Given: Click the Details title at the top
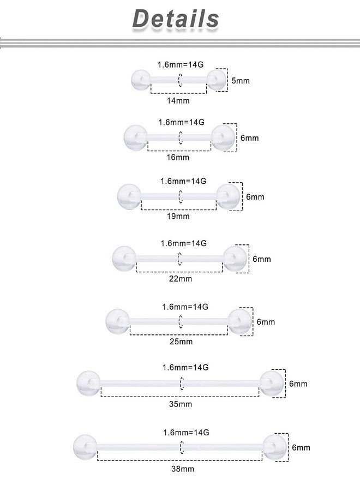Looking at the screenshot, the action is [176, 19].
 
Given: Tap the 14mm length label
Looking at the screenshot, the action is [178, 100].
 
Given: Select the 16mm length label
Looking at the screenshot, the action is [178, 157].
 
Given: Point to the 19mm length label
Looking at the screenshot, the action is [178, 216].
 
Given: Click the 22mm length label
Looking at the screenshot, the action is [181, 279].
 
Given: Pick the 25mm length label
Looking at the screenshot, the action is [181, 342].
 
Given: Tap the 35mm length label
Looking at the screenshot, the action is [181, 404].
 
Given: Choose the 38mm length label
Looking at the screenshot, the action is [183, 469].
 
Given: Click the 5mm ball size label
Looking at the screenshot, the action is [241, 81].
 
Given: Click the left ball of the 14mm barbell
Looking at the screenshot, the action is [141, 80].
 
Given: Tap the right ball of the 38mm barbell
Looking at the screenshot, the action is [275, 447].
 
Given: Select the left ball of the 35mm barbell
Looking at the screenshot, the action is [88, 383].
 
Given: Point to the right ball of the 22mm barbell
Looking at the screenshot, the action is [235, 259].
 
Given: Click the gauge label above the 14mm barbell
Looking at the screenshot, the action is [181, 64].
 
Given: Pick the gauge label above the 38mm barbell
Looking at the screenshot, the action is [186, 433].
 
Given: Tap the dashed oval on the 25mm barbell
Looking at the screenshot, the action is [181, 321].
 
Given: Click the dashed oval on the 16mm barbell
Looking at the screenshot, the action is [181, 137].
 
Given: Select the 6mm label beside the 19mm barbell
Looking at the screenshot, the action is [255, 196].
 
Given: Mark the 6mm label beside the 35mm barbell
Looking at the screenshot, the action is [298, 384].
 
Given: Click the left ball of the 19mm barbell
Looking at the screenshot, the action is [129, 196].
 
